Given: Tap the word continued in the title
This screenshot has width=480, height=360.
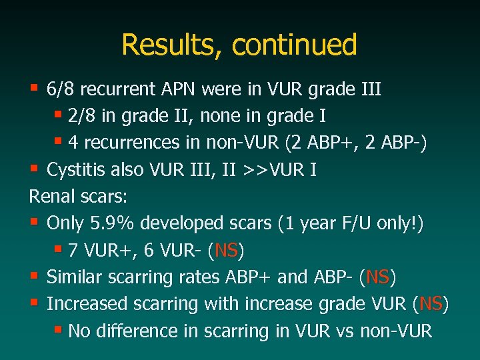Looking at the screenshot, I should tap(294, 45).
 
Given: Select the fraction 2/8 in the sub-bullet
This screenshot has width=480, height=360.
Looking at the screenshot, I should tap(81, 116).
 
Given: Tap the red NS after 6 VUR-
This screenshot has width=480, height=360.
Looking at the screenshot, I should tap(227, 251).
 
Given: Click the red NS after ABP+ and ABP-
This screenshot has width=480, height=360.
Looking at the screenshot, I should tap(378, 277).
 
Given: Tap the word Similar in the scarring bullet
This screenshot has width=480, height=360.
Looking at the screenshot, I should tap(75, 277).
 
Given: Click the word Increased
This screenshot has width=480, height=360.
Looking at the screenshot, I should tap(84, 304).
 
